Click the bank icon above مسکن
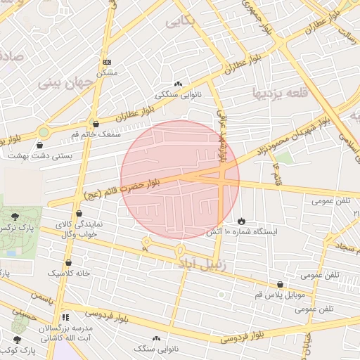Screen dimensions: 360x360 [x=107, y=62]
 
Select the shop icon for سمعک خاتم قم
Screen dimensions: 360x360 [x=96, y=124]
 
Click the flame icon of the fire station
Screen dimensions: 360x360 [x=242, y=221]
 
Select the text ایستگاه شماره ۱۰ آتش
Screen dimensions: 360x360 [x=242, y=231]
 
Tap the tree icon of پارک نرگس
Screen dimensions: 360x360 [x=15, y=216]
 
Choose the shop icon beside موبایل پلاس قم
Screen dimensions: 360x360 [x=281, y=284]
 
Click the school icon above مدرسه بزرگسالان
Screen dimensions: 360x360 [x=66, y=317]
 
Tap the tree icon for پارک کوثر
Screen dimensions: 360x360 [x=17, y=340]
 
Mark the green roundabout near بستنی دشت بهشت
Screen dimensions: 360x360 [x=44, y=131]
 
